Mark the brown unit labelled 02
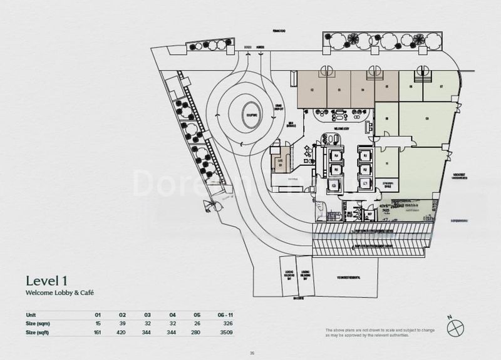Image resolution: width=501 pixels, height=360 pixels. click(311, 90)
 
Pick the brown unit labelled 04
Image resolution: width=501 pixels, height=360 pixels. click(363, 90)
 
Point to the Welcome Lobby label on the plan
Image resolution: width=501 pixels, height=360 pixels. click(341, 129)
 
